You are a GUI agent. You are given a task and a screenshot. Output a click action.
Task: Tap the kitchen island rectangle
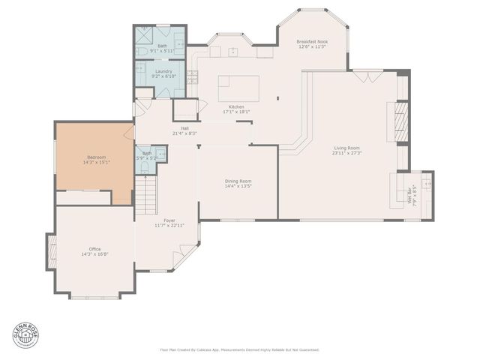tap(238, 88)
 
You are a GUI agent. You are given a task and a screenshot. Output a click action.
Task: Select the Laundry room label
tap(163, 73)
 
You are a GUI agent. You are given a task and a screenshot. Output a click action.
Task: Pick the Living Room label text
tap(346, 148)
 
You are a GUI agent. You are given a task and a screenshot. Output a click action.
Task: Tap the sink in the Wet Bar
tap(427, 181)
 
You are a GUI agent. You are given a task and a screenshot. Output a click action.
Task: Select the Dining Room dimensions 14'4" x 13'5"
tap(238, 186)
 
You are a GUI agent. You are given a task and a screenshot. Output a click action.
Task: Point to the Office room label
tap(94, 249)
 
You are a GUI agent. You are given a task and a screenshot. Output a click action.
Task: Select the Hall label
tap(184, 127)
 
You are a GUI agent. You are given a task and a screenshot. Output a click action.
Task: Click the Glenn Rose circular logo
tap(22, 335)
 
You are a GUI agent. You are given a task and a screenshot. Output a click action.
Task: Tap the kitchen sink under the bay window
tap(234, 52)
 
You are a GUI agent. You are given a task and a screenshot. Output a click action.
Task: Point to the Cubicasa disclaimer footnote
tap(240, 349)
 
